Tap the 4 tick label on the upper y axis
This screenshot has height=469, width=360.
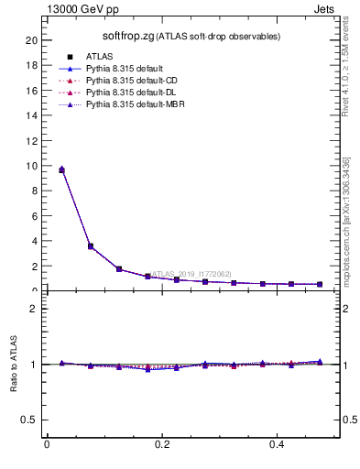34,241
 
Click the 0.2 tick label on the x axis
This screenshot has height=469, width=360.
161,444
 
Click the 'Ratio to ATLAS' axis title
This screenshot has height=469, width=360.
14,364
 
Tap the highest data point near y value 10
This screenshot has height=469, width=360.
61,169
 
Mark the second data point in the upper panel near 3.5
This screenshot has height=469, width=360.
90,246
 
